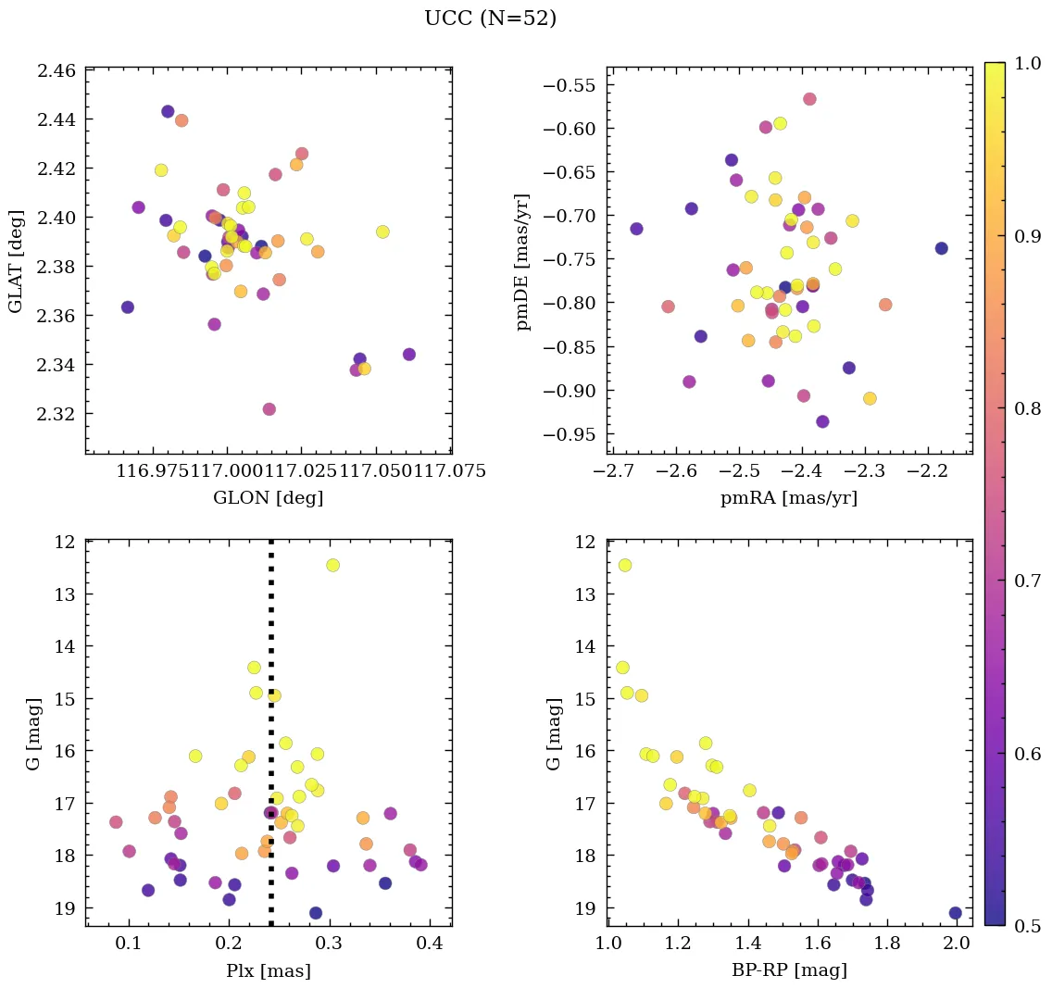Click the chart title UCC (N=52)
pyautogui.click(x=490, y=19)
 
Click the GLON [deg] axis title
pyautogui.click(x=268, y=498)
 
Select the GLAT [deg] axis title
pyautogui.click(x=15, y=260)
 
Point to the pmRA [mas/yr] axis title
pyautogui.click(x=789, y=498)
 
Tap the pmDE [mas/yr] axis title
pyautogui.click(x=524, y=260)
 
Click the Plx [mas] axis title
pyautogui.click(x=268, y=970)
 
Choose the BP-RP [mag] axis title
pyautogui.click(x=789, y=970)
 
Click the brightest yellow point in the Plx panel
pyautogui.click(x=332, y=565)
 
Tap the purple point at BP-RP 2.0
pyautogui.click(x=955, y=913)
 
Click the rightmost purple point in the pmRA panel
pyautogui.click(x=941, y=248)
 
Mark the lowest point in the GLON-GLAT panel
pyautogui.click(x=269, y=409)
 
